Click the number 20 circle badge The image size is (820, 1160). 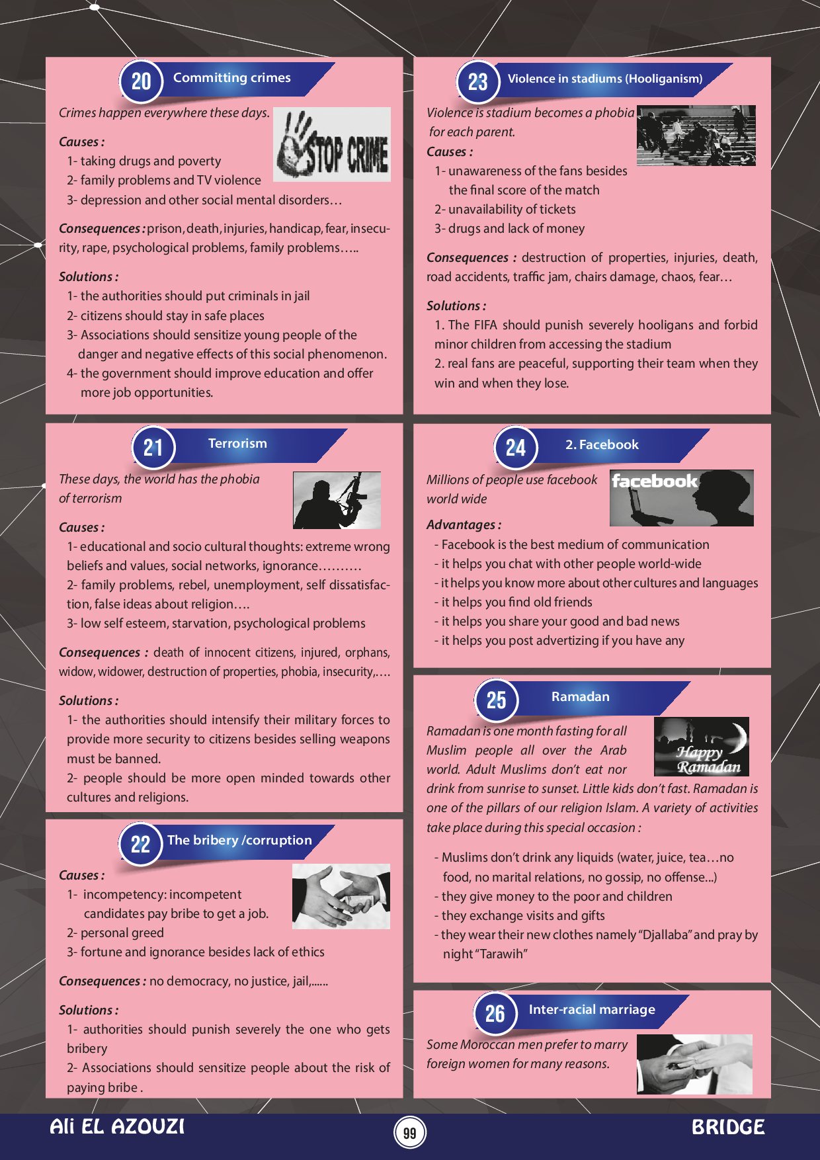(x=141, y=81)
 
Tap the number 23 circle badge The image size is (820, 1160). (x=477, y=82)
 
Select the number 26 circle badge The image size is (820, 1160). (x=495, y=1013)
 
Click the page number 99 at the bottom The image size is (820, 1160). (x=410, y=1133)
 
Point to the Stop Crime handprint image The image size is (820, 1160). (x=332, y=144)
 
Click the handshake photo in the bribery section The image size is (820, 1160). (x=341, y=896)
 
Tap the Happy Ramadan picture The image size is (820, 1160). (x=702, y=747)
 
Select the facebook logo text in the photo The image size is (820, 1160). (x=654, y=481)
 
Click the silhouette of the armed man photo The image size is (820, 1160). (x=337, y=500)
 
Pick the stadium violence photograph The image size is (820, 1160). (x=696, y=135)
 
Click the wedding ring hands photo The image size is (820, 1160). (x=694, y=1063)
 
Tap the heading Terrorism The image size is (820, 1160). (x=237, y=443)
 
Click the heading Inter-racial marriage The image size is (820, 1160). (x=592, y=1009)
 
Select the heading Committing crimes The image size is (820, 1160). (x=231, y=77)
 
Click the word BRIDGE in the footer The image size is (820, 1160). (x=728, y=1128)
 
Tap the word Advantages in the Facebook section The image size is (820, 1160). (x=461, y=524)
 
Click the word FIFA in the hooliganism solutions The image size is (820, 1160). (x=486, y=325)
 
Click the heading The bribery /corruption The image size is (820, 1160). (x=239, y=840)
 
